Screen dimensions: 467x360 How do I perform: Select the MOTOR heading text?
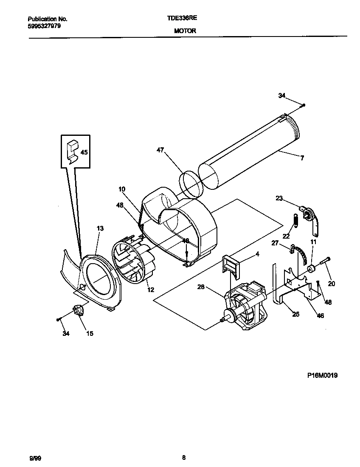coord(185,31)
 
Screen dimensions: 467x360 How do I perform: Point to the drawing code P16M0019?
coord(322,375)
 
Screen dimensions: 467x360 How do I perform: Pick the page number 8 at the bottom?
coord(183,457)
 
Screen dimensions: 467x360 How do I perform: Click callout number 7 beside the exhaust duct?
coord(302,158)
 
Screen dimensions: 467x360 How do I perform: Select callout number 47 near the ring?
coord(160,150)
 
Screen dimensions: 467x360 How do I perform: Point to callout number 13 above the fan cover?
coord(100,228)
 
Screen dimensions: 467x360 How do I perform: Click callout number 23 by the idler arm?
coord(279,197)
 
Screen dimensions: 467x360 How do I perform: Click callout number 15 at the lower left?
coord(90,334)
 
